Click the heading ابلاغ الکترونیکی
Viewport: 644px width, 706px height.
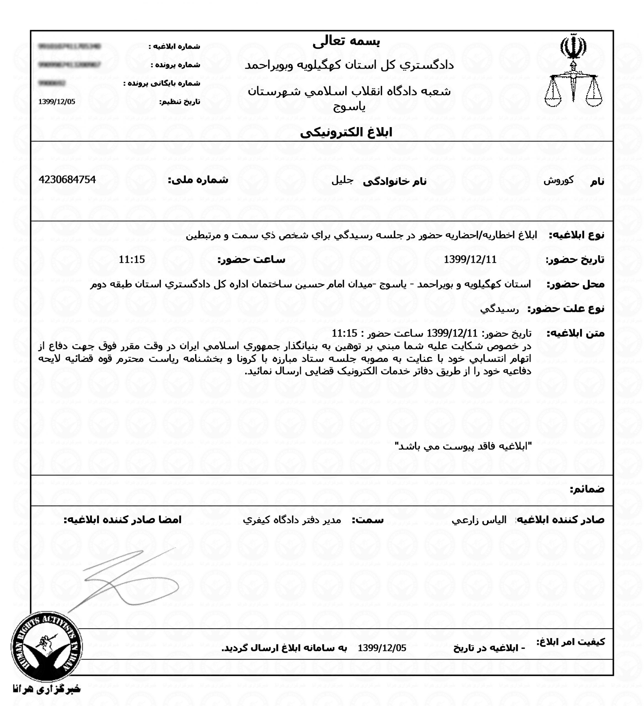[x=346, y=133]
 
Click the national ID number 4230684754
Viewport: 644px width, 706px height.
[x=67, y=180]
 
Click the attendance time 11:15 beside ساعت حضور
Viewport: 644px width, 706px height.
[x=132, y=260]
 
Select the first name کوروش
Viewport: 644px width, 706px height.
[x=558, y=181]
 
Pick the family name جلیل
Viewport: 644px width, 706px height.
[x=342, y=181]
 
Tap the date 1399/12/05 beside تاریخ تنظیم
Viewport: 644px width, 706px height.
[x=57, y=101]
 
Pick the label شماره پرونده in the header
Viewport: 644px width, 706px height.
[x=175, y=65]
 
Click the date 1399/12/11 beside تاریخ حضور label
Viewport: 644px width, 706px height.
[x=470, y=260]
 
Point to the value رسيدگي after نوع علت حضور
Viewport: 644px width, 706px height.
[x=499, y=309]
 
